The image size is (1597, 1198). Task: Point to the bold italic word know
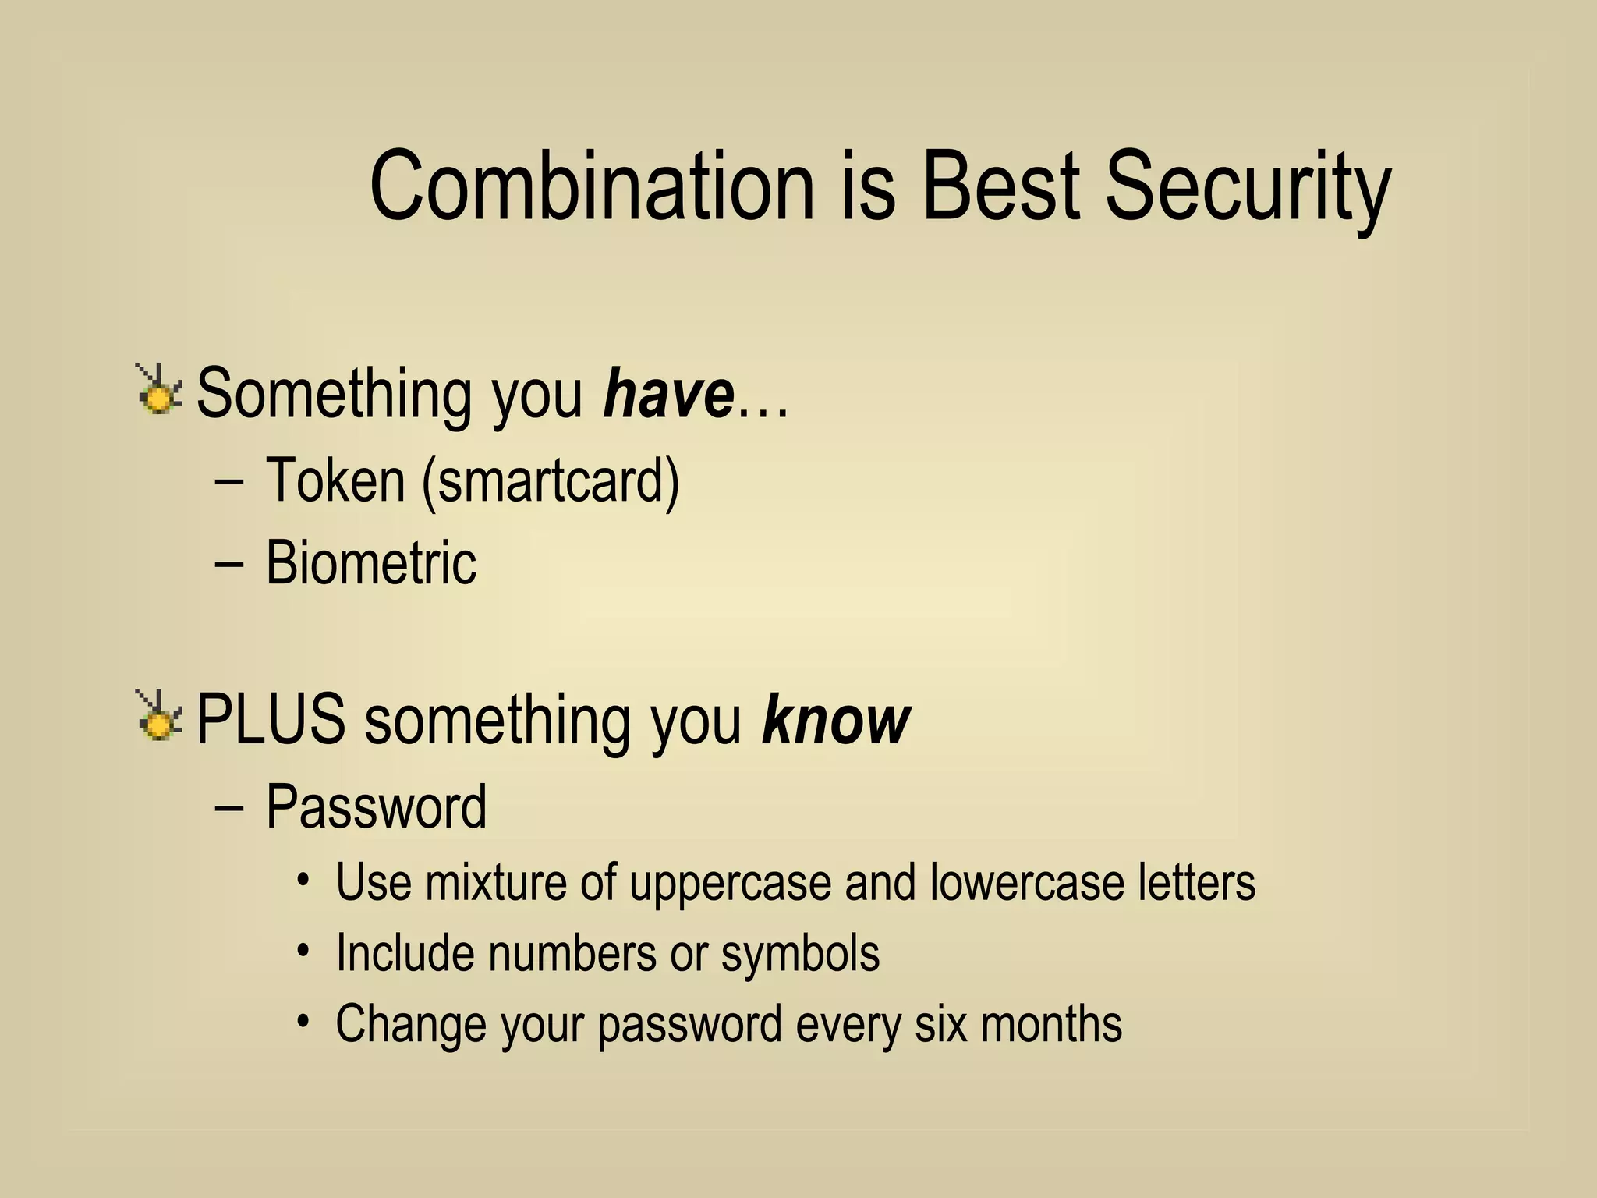[x=835, y=719]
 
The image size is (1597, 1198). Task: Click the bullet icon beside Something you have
[x=159, y=390]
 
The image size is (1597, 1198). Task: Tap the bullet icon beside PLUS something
[x=159, y=717]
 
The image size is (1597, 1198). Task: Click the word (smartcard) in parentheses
[x=551, y=481]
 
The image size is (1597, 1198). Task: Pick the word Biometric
[x=370, y=562]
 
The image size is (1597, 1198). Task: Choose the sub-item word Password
[x=376, y=806]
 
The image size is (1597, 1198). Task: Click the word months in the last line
[x=1050, y=1024]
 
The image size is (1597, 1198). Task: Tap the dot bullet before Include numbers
[x=303, y=951]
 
